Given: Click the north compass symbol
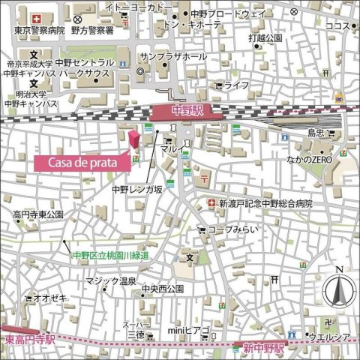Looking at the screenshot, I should (339, 289).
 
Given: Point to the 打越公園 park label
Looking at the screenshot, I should (266, 37).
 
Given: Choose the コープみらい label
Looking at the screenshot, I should (232, 229).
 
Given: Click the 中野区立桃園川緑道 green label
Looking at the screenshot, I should (111, 255).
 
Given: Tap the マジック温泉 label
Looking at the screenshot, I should (110, 281).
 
